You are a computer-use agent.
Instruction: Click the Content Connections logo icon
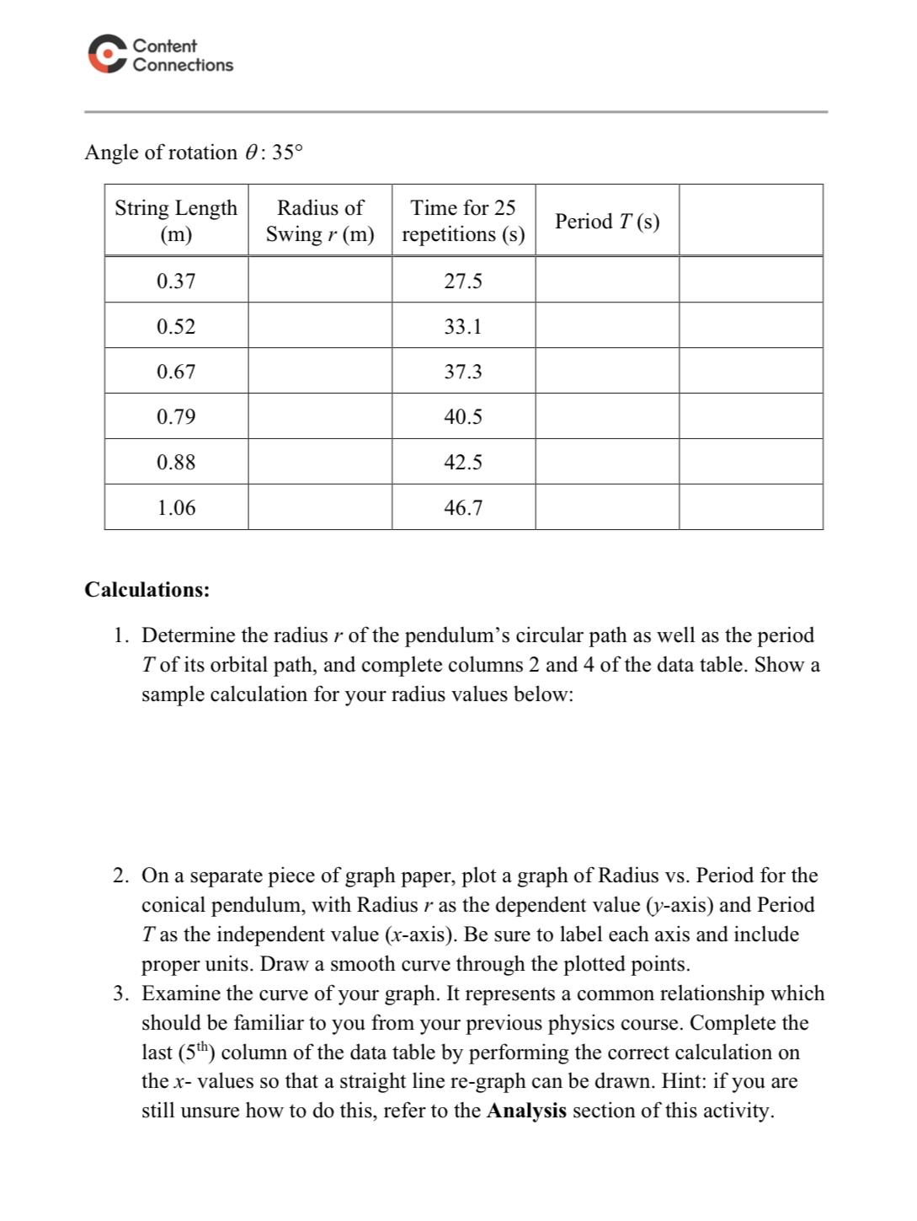tap(107, 55)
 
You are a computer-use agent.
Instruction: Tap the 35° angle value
tap(286, 153)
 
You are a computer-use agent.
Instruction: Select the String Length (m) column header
tap(176, 221)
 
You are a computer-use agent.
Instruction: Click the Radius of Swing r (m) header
tap(320, 221)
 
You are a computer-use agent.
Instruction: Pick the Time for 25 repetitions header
tap(463, 221)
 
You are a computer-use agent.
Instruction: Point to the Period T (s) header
tap(607, 222)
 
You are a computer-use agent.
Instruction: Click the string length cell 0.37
tap(176, 281)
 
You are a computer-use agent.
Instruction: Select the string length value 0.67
tap(176, 372)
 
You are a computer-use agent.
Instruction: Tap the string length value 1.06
tap(176, 508)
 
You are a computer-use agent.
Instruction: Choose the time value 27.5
tap(463, 281)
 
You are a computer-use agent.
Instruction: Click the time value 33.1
tap(463, 327)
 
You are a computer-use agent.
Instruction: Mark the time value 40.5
tap(463, 417)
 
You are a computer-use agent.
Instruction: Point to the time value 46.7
tap(463, 508)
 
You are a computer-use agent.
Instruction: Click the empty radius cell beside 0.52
tap(320, 326)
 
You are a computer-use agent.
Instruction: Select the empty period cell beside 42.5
tap(607, 462)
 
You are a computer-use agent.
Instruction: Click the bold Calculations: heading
tap(147, 590)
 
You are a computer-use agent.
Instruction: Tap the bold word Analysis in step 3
tap(526, 1111)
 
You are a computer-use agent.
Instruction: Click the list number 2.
tap(121, 876)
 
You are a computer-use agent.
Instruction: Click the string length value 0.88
tap(176, 463)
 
